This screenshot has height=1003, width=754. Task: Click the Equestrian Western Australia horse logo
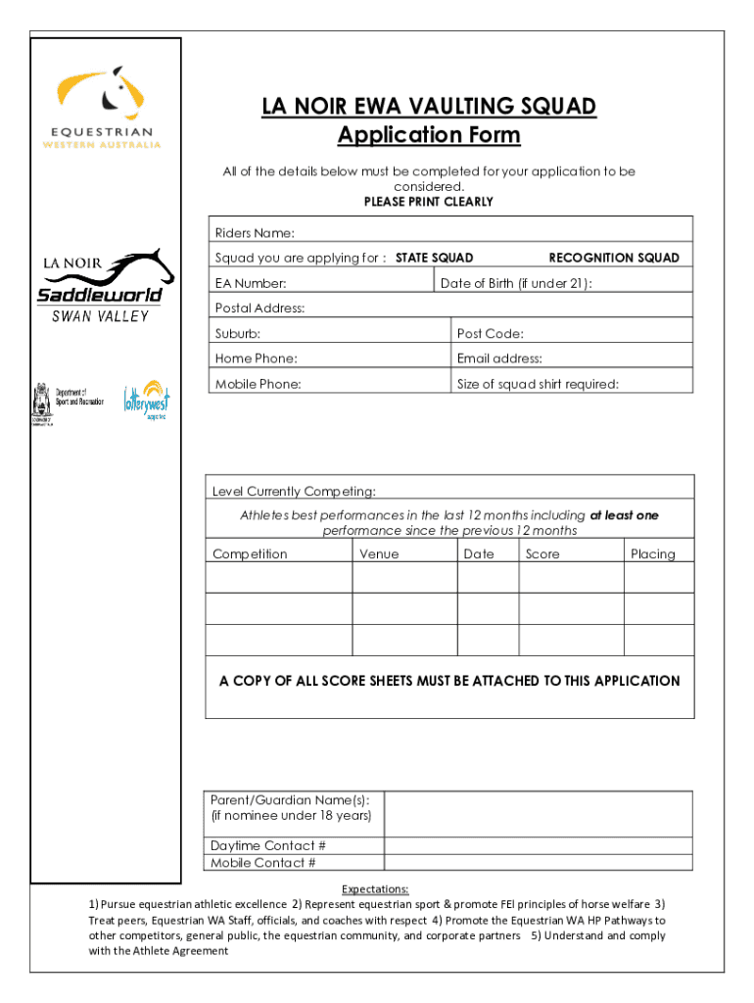(103, 94)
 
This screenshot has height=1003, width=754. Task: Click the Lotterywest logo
(145, 401)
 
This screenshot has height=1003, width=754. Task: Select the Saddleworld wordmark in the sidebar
(100, 295)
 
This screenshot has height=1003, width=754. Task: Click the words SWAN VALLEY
(100, 316)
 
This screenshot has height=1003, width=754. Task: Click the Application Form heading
(429, 135)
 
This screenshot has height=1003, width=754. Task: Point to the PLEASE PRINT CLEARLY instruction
(429, 202)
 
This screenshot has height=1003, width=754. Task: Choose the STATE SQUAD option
(434, 258)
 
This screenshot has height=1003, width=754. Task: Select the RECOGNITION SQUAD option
(613, 258)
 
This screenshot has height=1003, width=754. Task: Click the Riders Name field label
(255, 233)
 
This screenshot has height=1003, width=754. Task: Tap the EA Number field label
(251, 284)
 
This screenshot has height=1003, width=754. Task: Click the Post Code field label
(490, 334)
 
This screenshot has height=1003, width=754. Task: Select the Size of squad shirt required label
(538, 384)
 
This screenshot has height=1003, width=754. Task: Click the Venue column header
(379, 554)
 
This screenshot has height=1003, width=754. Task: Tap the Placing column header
(652, 554)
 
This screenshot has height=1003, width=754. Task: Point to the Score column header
(542, 554)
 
